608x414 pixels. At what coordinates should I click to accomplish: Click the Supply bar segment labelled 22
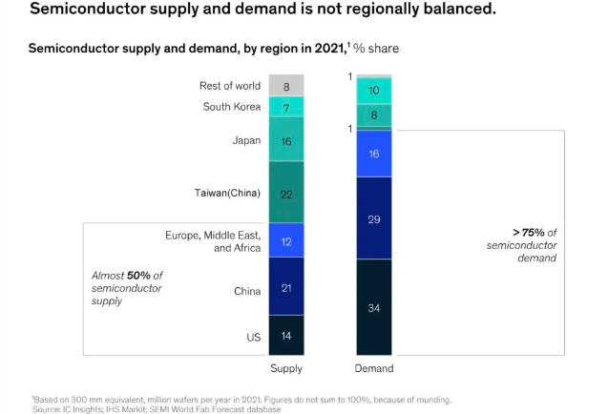coord(286,193)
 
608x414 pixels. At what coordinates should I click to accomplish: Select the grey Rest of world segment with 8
coord(286,86)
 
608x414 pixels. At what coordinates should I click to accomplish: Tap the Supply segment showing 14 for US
coord(286,337)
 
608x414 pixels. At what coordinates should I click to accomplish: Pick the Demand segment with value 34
coord(374,307)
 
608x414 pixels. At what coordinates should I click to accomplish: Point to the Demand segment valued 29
coord(374,218)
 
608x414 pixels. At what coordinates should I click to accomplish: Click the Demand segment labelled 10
coord(374,91)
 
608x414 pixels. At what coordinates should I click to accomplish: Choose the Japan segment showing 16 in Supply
coord(286,140)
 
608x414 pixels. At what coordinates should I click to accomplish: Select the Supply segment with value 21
coord(286,287)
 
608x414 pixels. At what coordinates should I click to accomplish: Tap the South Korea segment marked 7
coord(286,107)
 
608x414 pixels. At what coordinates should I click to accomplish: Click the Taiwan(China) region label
coord(227,193)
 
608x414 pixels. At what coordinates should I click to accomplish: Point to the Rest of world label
coord(230,86)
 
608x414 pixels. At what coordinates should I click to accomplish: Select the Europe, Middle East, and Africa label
coord(213,240)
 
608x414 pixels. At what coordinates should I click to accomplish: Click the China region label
coord(247,291)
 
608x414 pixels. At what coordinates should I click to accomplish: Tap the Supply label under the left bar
coord(286,368)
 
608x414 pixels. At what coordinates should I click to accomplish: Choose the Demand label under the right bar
coord(374,368)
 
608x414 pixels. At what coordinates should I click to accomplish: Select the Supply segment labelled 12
coord(286,240)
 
